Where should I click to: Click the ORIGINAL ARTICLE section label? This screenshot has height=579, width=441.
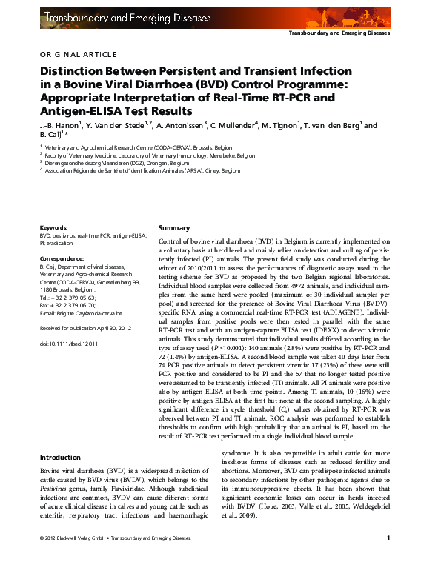[x=78, y=54]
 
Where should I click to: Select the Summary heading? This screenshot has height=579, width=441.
[x=175, y=228]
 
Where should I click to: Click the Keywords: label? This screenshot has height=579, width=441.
[x=54, y=228]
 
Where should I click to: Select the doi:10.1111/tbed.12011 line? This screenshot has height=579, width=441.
[x=69, y=344]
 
